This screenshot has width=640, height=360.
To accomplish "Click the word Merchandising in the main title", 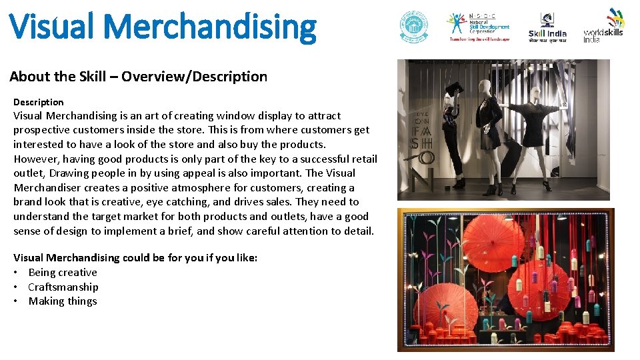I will pos(210,27).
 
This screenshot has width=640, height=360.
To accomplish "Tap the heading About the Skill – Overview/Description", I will pos(138,77).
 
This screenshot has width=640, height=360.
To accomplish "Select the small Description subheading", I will pos(39,102).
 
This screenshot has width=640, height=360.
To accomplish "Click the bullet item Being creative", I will pos(63,272).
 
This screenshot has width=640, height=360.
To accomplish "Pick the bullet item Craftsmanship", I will pos(63,287).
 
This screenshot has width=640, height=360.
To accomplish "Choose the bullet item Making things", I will pos(63,301).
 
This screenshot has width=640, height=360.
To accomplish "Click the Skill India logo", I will pos(547,27).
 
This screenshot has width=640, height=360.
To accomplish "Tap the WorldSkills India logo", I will pos(604,25).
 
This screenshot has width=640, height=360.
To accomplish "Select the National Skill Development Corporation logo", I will pos(479,27).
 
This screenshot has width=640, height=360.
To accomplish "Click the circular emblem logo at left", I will pos(414,27).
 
